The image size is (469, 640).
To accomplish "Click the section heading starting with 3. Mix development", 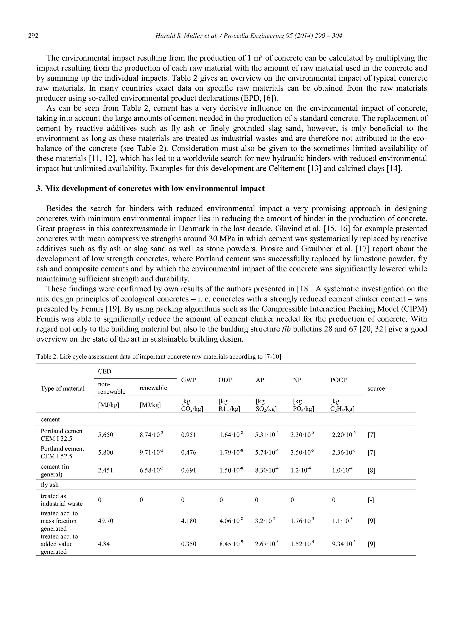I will click(x=150, y=189).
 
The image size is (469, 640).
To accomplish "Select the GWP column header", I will click(x=188, y=380).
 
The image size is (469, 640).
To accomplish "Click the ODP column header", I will click(x=225, y=380).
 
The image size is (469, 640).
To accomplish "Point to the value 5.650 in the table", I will click(x=105, y=435).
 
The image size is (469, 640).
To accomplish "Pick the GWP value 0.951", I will click(x=188, y=435).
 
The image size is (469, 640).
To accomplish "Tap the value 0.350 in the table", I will click(x=188, y=544).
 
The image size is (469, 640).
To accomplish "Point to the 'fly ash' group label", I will click(x=49, y=485).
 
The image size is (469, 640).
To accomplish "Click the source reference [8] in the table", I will click(x=371, y=470).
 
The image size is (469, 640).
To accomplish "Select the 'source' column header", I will click(x=376, y=388).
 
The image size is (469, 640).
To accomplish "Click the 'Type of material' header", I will click(x=63, y=388).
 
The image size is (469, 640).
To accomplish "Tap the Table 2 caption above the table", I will click(x=158, y=357).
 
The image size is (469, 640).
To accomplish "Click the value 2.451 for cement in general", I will click(x=105, y=470).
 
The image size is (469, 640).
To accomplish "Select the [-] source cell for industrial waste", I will click(x=371, y=500).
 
